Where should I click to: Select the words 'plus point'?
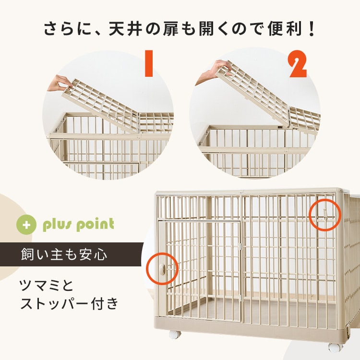78,225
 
